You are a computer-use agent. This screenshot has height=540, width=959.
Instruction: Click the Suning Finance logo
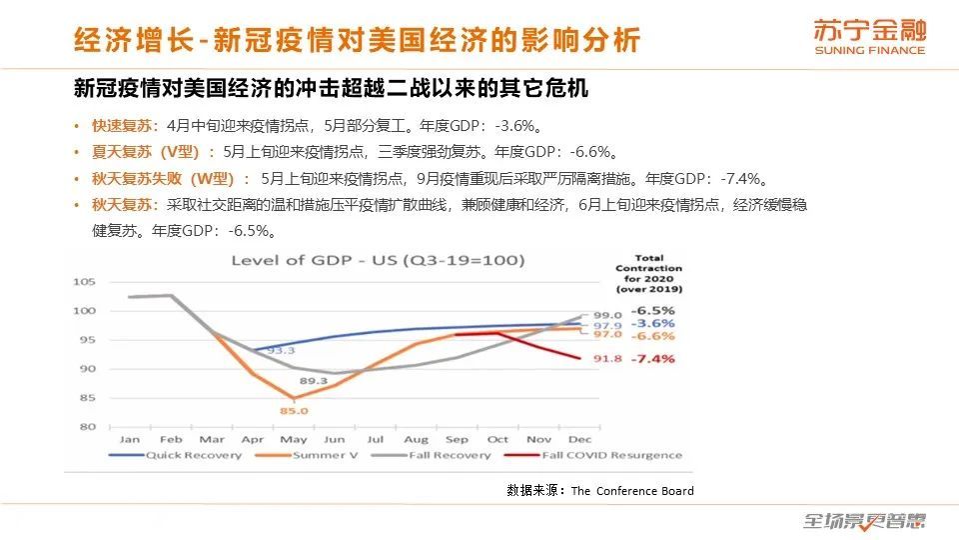point(868,37)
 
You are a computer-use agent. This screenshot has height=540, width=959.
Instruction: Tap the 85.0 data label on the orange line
point(294,410)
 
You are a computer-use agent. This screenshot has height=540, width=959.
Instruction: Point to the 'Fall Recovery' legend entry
point(447,455)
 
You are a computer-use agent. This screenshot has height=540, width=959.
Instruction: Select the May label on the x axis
point(293,439)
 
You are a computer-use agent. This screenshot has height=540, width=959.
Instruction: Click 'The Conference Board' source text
point(631,491)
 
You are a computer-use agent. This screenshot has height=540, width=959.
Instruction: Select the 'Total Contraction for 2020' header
point(648,273)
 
